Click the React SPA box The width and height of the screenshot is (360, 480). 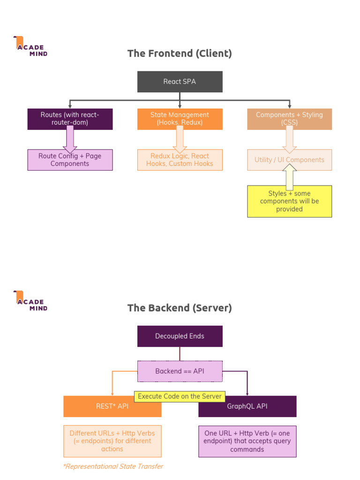[180, 82]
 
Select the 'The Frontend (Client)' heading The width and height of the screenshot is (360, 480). [180, 53]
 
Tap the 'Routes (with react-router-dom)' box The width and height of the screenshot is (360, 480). [70, 119]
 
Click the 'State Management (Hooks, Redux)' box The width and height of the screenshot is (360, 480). [180, 119]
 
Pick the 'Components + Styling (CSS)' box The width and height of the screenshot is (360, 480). [289, 119]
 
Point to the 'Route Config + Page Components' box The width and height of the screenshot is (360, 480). [70, 160]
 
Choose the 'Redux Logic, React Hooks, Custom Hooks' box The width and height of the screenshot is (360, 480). [180, 160]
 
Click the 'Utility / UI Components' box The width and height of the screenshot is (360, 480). [289, 160]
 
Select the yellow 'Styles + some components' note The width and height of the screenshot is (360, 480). [289, 202]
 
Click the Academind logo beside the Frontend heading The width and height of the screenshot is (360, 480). [30, 46]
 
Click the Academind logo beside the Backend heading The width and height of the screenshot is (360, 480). [30, 301]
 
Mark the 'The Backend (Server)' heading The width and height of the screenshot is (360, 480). [180, 308]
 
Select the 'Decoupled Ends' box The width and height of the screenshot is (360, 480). [180, 336]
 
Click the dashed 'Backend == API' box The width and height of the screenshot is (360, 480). [180, 371]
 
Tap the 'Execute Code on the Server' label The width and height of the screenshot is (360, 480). [180, 397]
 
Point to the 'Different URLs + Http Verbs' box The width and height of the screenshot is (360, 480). [112, 441]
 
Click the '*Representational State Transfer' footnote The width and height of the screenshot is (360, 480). [113, 466]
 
